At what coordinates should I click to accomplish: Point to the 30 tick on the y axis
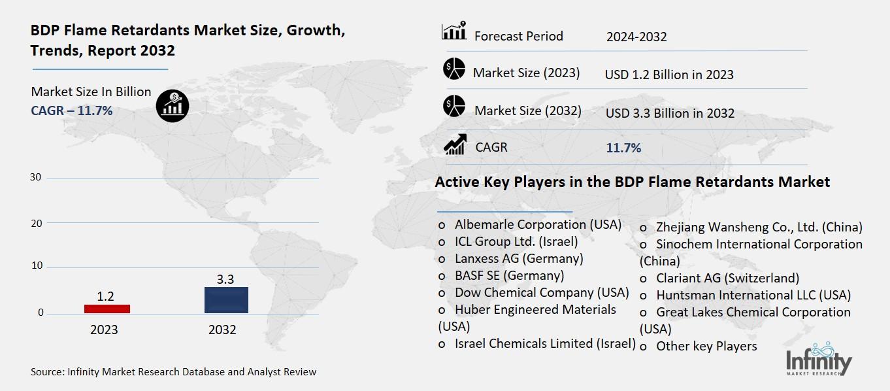point(36,177)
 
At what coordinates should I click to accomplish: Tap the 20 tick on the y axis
point(36,223)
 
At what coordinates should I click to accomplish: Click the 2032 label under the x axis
point(222,330)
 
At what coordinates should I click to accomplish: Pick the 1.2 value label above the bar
point(105,296)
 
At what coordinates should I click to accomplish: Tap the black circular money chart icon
point(173,105)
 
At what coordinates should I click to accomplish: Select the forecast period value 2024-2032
point(636,37)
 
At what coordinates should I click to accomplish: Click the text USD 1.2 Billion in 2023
point(668,75)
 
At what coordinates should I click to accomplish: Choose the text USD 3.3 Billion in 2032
point(669,113)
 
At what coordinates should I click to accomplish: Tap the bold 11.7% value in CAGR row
point(623,148)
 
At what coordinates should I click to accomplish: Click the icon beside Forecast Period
point(453,31)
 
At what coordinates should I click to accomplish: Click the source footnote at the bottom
point(173,372)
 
